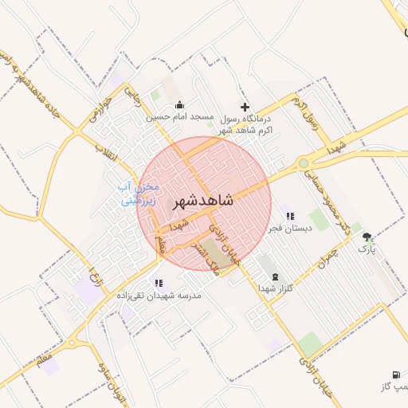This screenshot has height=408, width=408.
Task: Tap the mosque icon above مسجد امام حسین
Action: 179,104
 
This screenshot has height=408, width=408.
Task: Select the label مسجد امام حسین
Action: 179,116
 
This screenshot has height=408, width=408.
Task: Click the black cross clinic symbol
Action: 245,107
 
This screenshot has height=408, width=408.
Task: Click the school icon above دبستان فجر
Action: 290,215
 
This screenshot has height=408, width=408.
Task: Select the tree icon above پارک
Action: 367,237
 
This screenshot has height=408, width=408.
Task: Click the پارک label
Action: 366,249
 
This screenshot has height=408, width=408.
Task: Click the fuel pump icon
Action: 396,375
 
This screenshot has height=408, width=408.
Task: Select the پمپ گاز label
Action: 395,386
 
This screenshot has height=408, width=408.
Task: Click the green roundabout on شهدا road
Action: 303,164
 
